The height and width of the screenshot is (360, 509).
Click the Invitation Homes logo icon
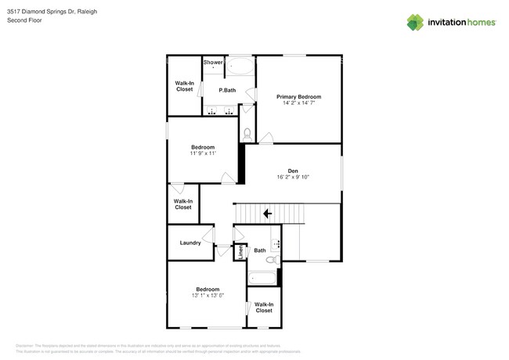(415, 22)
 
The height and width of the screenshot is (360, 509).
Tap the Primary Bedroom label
(298, 96)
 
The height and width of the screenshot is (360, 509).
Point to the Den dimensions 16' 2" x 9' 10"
(293, 178)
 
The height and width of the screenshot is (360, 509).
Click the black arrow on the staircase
(267, 212)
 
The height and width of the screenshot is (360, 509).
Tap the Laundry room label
(190, 243)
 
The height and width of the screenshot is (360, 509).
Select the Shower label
(213, 62)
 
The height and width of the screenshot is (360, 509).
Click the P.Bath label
(227, 91)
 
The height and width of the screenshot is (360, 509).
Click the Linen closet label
(241, 253)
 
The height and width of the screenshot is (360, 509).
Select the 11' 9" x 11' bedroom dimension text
(203, 153)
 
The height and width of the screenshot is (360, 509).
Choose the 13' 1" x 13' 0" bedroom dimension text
(208, 295)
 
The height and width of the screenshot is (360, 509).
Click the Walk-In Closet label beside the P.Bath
(184, 86)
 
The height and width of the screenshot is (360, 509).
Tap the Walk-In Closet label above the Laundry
(182, 204)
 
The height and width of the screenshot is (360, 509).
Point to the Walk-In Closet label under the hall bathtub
(264, 308)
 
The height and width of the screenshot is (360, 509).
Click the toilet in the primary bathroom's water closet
(247, 133)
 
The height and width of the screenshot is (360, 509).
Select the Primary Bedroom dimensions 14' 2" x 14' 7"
(298, 103)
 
